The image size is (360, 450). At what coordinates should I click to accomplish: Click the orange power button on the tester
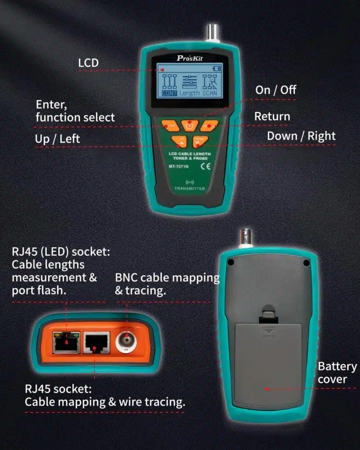(x=189, y=126)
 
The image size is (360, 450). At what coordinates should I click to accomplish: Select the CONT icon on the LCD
(x=169, y=93)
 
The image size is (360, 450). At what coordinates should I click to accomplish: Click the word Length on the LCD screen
(x=189, y=93)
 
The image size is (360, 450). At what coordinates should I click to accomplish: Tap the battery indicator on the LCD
(x=217, y=68)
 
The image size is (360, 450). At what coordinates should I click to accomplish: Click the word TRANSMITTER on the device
(x=190, y=189)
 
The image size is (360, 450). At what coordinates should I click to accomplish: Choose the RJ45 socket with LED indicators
(x=66, y=343)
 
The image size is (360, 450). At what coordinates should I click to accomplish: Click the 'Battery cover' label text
(x=337, y=373)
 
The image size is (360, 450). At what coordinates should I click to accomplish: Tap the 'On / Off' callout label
(x=275, y=90)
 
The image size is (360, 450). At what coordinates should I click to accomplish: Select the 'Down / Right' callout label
(x=301, y=136)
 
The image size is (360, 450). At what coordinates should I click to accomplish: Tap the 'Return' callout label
(x=272, y=116)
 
